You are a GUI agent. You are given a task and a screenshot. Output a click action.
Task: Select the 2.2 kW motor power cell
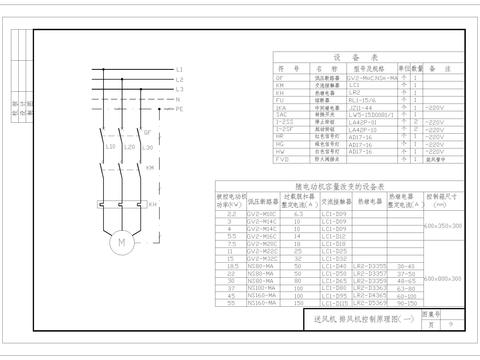[232, 214]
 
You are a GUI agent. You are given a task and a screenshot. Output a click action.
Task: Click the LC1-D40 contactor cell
[334, 266]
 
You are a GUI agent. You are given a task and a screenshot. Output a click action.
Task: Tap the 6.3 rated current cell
[297, 214]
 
